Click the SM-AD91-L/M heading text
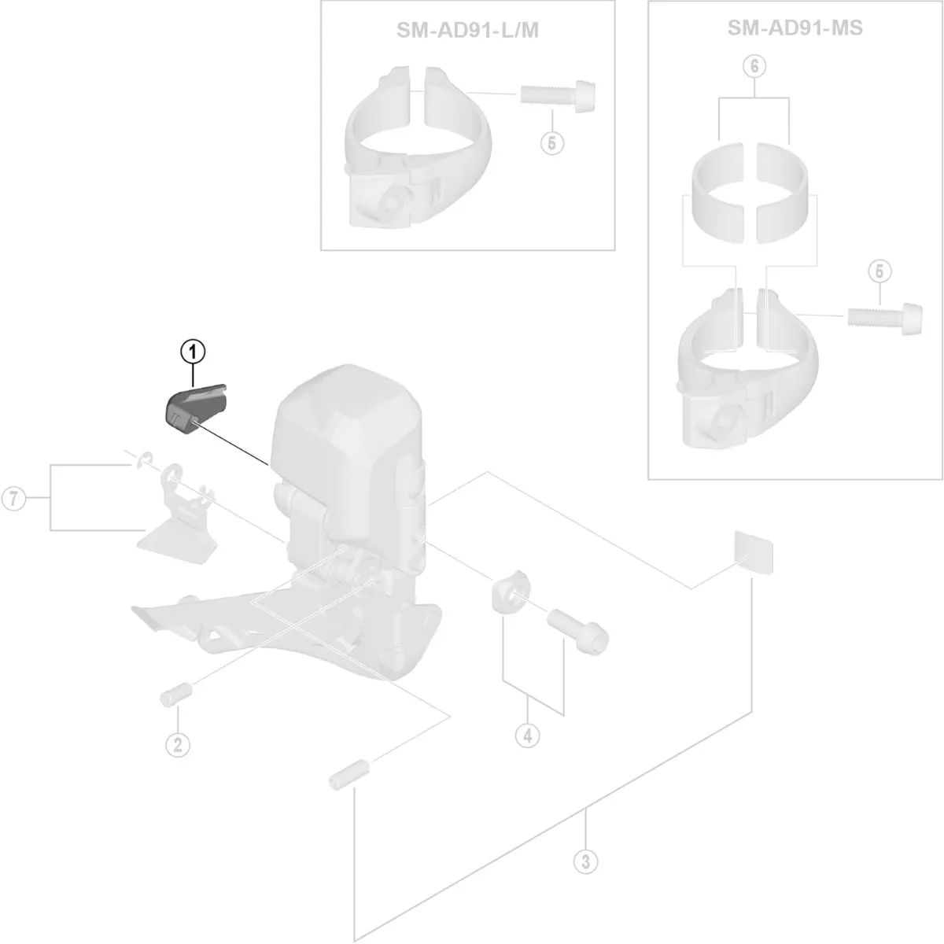click(468, 30)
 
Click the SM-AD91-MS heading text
click(795, 28)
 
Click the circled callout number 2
click(177, 743)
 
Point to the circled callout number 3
click(584, 861)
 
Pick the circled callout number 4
click(527, 736)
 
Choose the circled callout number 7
click(13, 499)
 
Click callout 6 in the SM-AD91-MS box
click(754, 67)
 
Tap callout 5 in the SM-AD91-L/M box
click(552, 143)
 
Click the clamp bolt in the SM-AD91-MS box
click(883, 315)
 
